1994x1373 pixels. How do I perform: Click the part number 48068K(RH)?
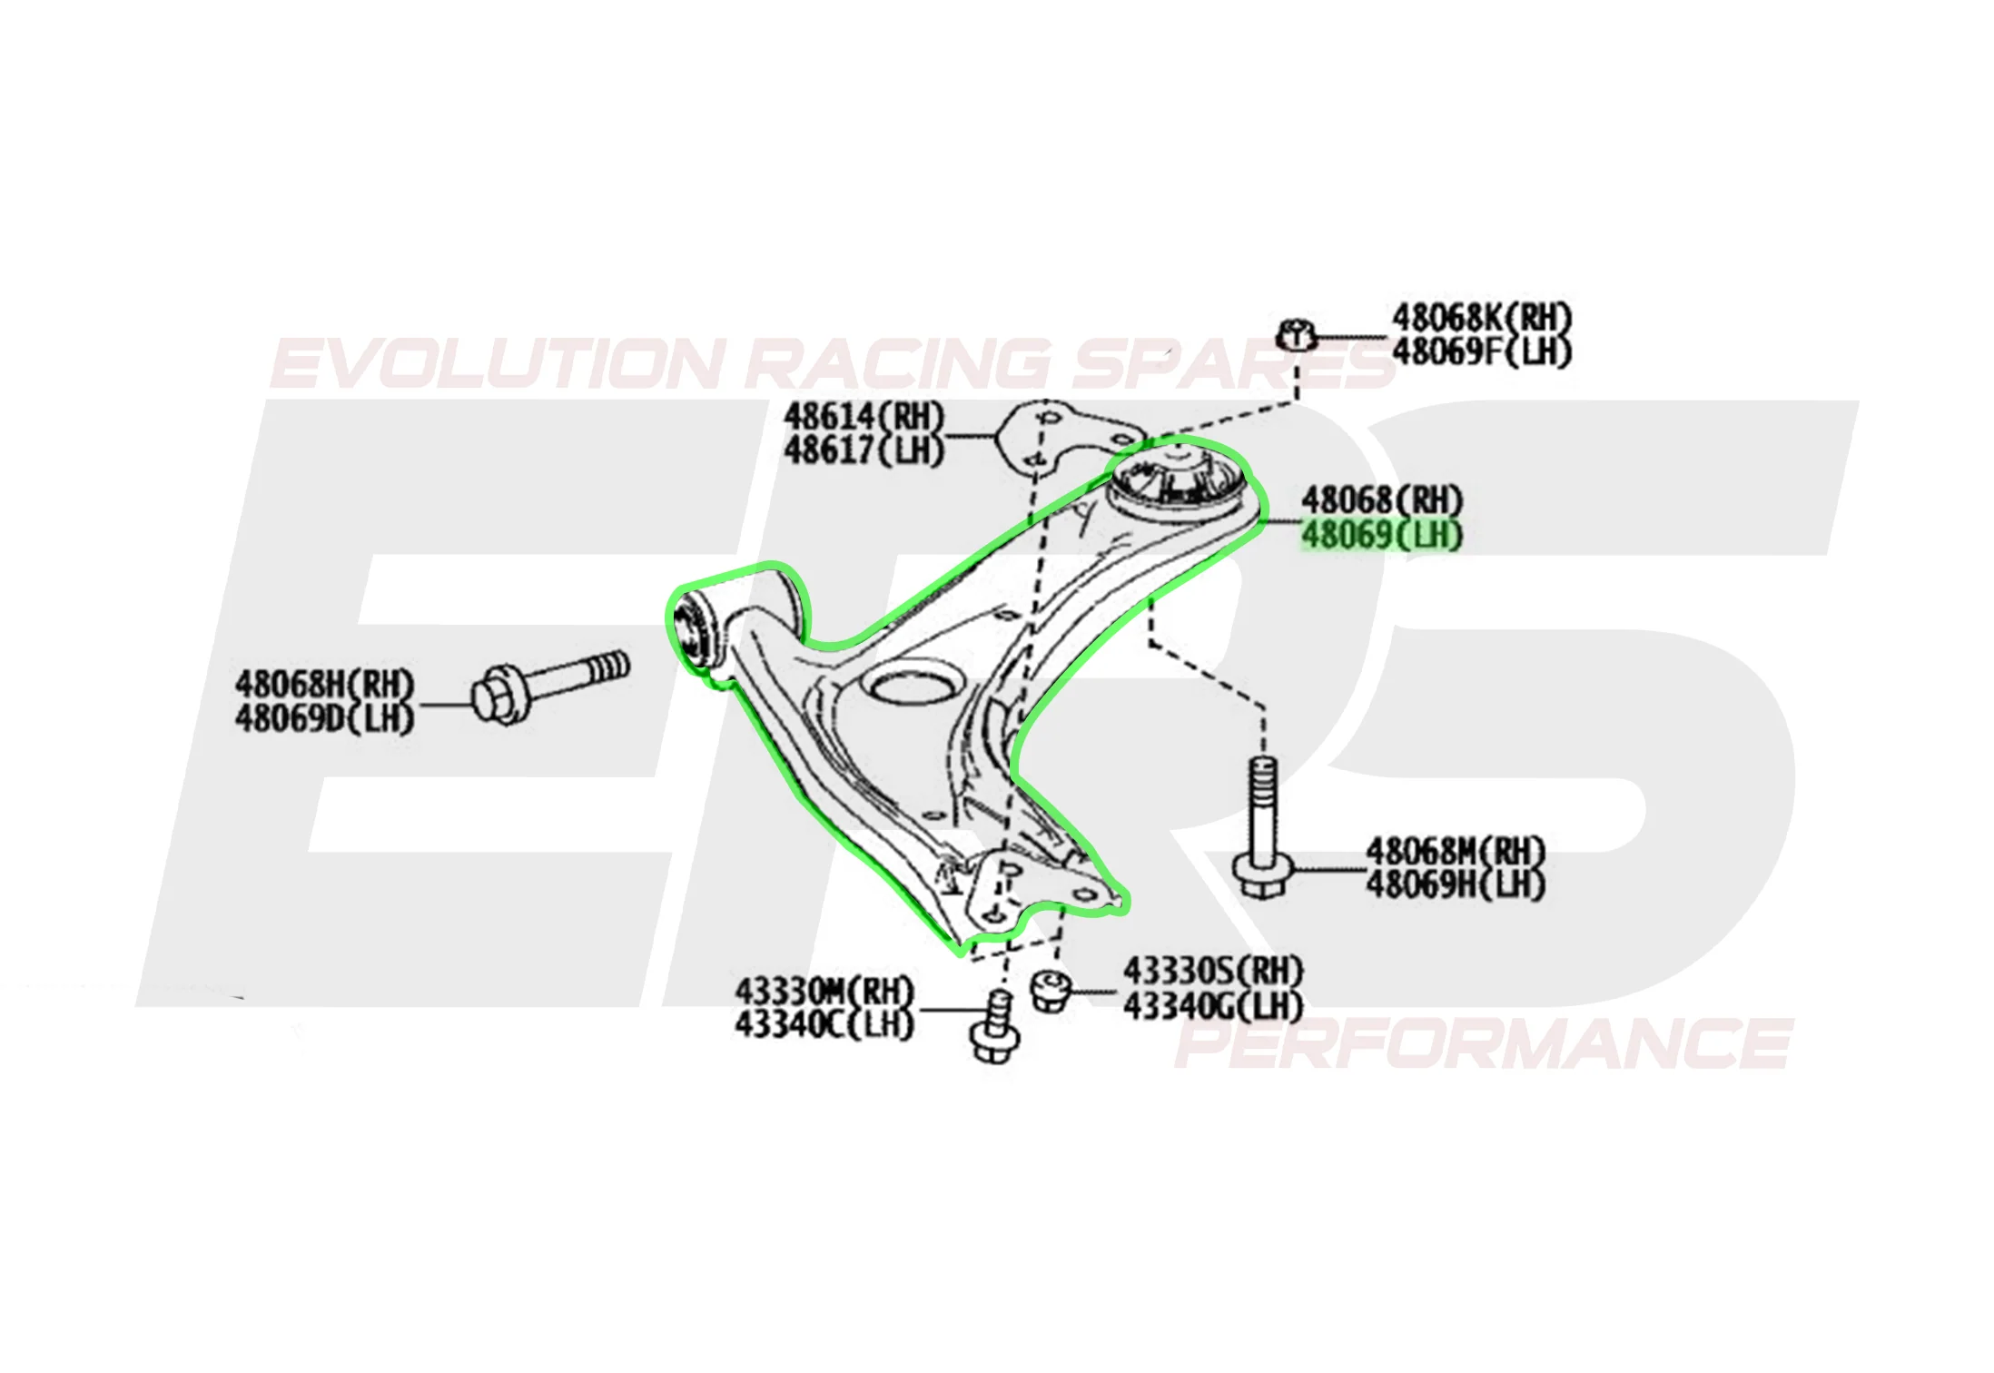(1481, 318)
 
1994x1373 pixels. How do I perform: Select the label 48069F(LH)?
(1481, 351)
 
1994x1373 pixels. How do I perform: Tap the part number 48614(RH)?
(864, 417)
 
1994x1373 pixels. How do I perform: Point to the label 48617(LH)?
(864, 450)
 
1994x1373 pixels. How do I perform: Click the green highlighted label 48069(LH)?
(1382, 535)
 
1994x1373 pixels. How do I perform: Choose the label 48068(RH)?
(1382, 500)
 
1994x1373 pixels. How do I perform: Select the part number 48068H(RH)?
(324, 684)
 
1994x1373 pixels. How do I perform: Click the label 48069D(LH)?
(324, 718)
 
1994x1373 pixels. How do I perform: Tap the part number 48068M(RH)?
(1456, 852)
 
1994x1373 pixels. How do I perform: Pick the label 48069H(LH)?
(1456, 885)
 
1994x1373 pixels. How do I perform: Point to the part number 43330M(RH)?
(824, 990)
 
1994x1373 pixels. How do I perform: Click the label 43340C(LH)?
(824, 1024)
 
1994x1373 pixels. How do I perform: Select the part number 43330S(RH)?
(1213, 972)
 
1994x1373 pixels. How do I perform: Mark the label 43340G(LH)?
(1213, 1006)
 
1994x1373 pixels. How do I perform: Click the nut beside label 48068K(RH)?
(1297, 334)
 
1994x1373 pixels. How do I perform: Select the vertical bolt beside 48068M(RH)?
(1262, 828)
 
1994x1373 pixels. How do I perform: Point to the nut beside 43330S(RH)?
(1051, 990)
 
